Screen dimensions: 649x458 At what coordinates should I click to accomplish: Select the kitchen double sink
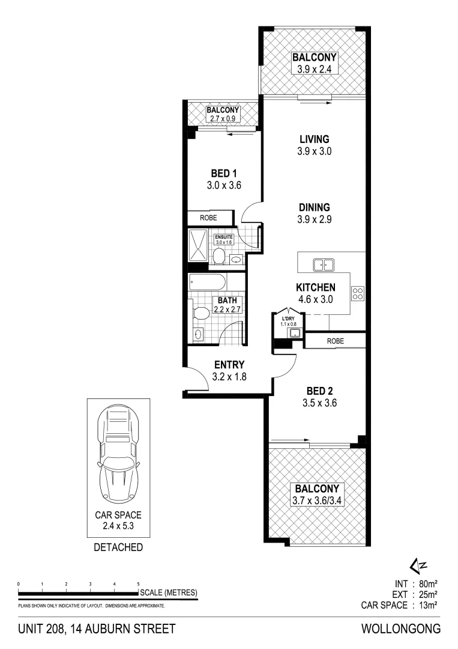pyautogui.click(x=323, y=264)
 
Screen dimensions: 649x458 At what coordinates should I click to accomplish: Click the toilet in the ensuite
pyautogui.click(x=220, y=257)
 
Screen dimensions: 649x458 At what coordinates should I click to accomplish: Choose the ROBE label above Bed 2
pyautogui.click(x=336, y=341)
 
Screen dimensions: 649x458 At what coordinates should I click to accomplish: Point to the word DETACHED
pyautogui.click(x=118, y=547)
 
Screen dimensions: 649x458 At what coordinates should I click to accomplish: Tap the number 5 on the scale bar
pyautogui.click(x=138, y=584)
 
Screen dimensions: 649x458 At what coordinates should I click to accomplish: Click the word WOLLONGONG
pyautogui.click(x=401, y=629)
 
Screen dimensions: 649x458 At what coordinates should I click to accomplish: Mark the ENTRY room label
pyautogui.click(x=229, y=364)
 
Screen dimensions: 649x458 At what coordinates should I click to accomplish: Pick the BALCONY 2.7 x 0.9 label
pyautogui.click(x=223, y=114)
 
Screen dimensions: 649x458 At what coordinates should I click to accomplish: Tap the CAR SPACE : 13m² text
pyautogui.click(x=401, y=605)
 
